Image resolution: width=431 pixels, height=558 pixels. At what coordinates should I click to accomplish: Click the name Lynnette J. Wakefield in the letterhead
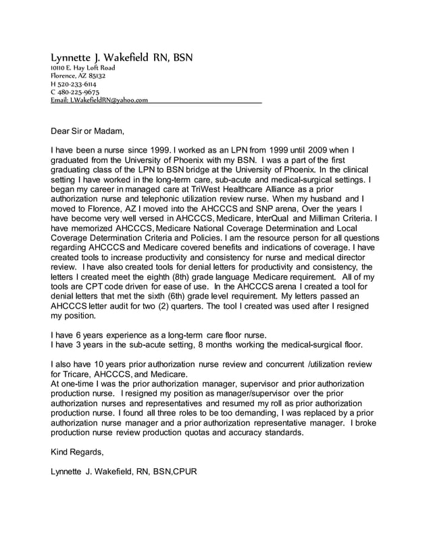[102, 57]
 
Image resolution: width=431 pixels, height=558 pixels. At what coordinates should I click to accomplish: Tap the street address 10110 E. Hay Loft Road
[83, 68]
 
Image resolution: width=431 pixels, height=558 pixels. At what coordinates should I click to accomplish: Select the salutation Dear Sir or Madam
[88, 130]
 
